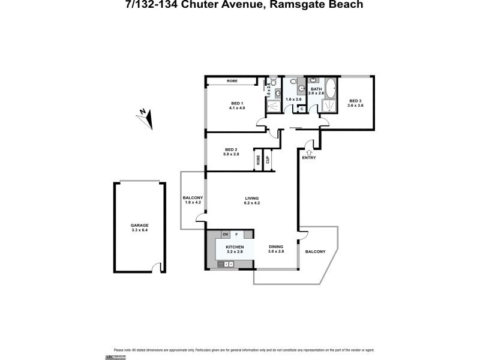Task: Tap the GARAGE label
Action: pyautogui.click(x=140, y=226)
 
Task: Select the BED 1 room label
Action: pyautogui.click(x=235, y=103)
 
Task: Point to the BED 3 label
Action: pyautogui.click(x=355, y=100)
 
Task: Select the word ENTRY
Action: pyautogui.click(x=308, y=158)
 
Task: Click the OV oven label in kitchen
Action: pyautogui.click(x=226, y=234)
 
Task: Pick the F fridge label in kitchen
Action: pyautogui.click(x=237, y=234)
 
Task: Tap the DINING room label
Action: pyautogui.click(x=275, y=247)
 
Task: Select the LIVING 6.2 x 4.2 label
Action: pyautogui.click(x=251, y=200)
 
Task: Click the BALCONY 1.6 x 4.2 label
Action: pyautogui.click(x=193, y=200)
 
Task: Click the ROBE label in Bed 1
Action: pyautogui.click(x=233, y=81)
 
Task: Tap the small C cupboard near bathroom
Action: pyautogui.click(x=301, y=109)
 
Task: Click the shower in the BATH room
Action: pyautogui.click(x=329, y=106)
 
